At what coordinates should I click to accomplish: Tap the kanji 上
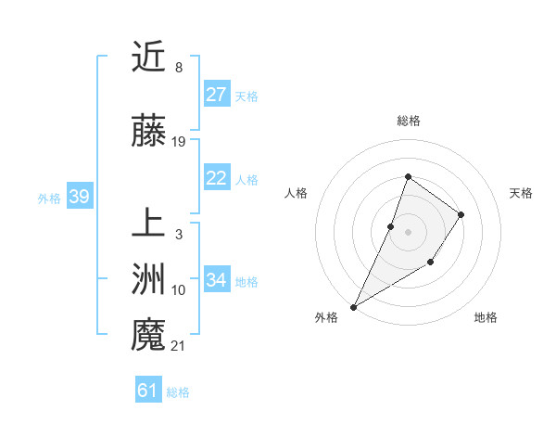[148, 224]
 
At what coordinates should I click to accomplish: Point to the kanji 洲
[148, 279]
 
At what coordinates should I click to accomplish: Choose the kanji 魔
[148, 335]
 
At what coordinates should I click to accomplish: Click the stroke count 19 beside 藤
[179, 142]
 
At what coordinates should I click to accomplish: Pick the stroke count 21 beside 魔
[179, 346]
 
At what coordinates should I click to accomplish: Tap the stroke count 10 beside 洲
[179, 290]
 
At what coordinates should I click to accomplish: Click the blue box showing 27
[217, 95]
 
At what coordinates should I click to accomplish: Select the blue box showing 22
[217, 178]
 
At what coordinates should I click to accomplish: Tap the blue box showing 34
[217, 280]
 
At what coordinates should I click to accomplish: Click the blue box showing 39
[79, 197]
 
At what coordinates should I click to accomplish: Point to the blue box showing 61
[148, 391]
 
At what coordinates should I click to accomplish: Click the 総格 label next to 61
[178, 392]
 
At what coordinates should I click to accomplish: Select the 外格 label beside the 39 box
[49, 198]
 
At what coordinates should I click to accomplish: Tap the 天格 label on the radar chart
[521, 193]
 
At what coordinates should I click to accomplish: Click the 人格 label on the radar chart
[296, 193]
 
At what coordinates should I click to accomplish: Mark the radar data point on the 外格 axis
[353, 306]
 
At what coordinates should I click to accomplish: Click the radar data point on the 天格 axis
[461, 214]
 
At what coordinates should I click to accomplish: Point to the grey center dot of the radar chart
[408, 232]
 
